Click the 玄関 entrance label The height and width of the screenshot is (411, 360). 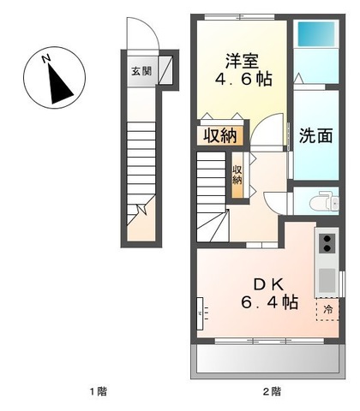[x=141, y=71]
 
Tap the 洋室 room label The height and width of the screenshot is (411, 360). [x=242, y=61]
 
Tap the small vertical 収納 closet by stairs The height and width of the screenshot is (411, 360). [x=237, y=175]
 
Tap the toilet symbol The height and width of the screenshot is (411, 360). [x=320, y=202]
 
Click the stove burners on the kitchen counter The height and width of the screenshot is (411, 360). [x=327, y=243]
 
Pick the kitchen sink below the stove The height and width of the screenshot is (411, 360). [x=327, y=278]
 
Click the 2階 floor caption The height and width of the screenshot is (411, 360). [x=271, y=391]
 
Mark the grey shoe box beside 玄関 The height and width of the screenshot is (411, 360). [x=166, y=71]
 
